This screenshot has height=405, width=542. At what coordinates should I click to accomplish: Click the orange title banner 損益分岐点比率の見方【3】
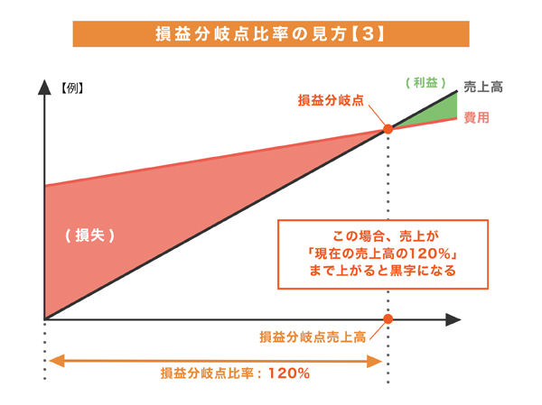click(x=271, y=34)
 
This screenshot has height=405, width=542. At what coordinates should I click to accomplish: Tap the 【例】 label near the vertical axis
click(x=72, y=88)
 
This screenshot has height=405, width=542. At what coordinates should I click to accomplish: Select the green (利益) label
click(x=425, y=83)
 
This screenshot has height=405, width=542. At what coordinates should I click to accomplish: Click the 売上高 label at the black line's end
click(x=483, y=87)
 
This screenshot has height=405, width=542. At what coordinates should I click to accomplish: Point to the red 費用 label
click(x=476, y=118)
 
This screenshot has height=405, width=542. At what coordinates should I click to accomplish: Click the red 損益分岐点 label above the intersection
click(x=331, y=100)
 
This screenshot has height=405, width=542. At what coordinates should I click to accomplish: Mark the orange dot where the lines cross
click(x=388, y=129)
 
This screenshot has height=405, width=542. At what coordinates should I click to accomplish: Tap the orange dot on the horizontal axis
click(x=388, y=318)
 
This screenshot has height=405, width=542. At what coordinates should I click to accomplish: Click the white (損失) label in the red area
click(x=89, y=235)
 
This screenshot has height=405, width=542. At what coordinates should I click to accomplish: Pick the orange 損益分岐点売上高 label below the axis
click(x=313, y=337)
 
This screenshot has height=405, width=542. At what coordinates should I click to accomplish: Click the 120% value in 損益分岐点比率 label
click(x=289, y=373)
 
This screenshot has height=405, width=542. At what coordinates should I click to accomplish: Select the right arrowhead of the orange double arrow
click(x=374, y=361)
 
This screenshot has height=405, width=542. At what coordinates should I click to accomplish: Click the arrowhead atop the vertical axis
click(x=44, y=87)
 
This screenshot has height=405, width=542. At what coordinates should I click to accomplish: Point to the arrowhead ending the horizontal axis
click(x=453, y=319)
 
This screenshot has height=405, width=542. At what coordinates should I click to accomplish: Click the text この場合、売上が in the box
click(x=386, y=236)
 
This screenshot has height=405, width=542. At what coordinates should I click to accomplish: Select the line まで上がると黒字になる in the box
click(x=383, y=271)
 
